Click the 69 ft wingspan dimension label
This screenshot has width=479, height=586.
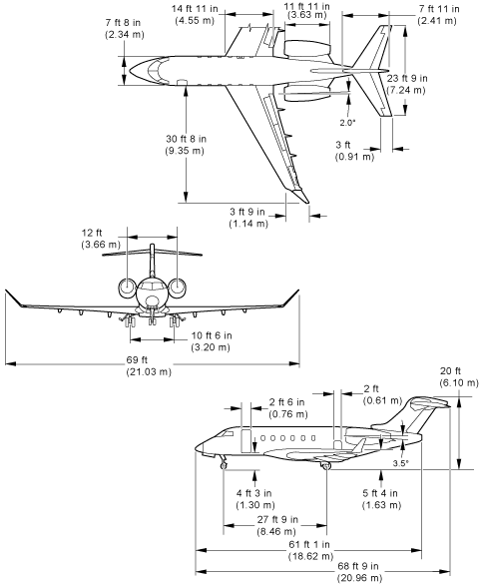(x=149, y=366)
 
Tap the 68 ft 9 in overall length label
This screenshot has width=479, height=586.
(x=359, y=571)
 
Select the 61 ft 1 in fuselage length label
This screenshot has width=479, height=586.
(x=310, y=550)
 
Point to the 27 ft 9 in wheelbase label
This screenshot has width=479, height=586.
(x=277, y=525)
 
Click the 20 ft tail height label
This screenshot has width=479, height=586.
(x=458, y=376)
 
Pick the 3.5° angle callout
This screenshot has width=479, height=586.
(x=400, y=463)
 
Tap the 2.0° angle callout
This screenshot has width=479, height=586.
(x=347, y=123)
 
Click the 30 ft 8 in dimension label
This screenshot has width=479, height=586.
(x=186, y=145)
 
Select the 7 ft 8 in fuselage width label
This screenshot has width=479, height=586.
(x=124, y=28)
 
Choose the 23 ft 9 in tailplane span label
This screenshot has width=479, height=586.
(x=406, y=84)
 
